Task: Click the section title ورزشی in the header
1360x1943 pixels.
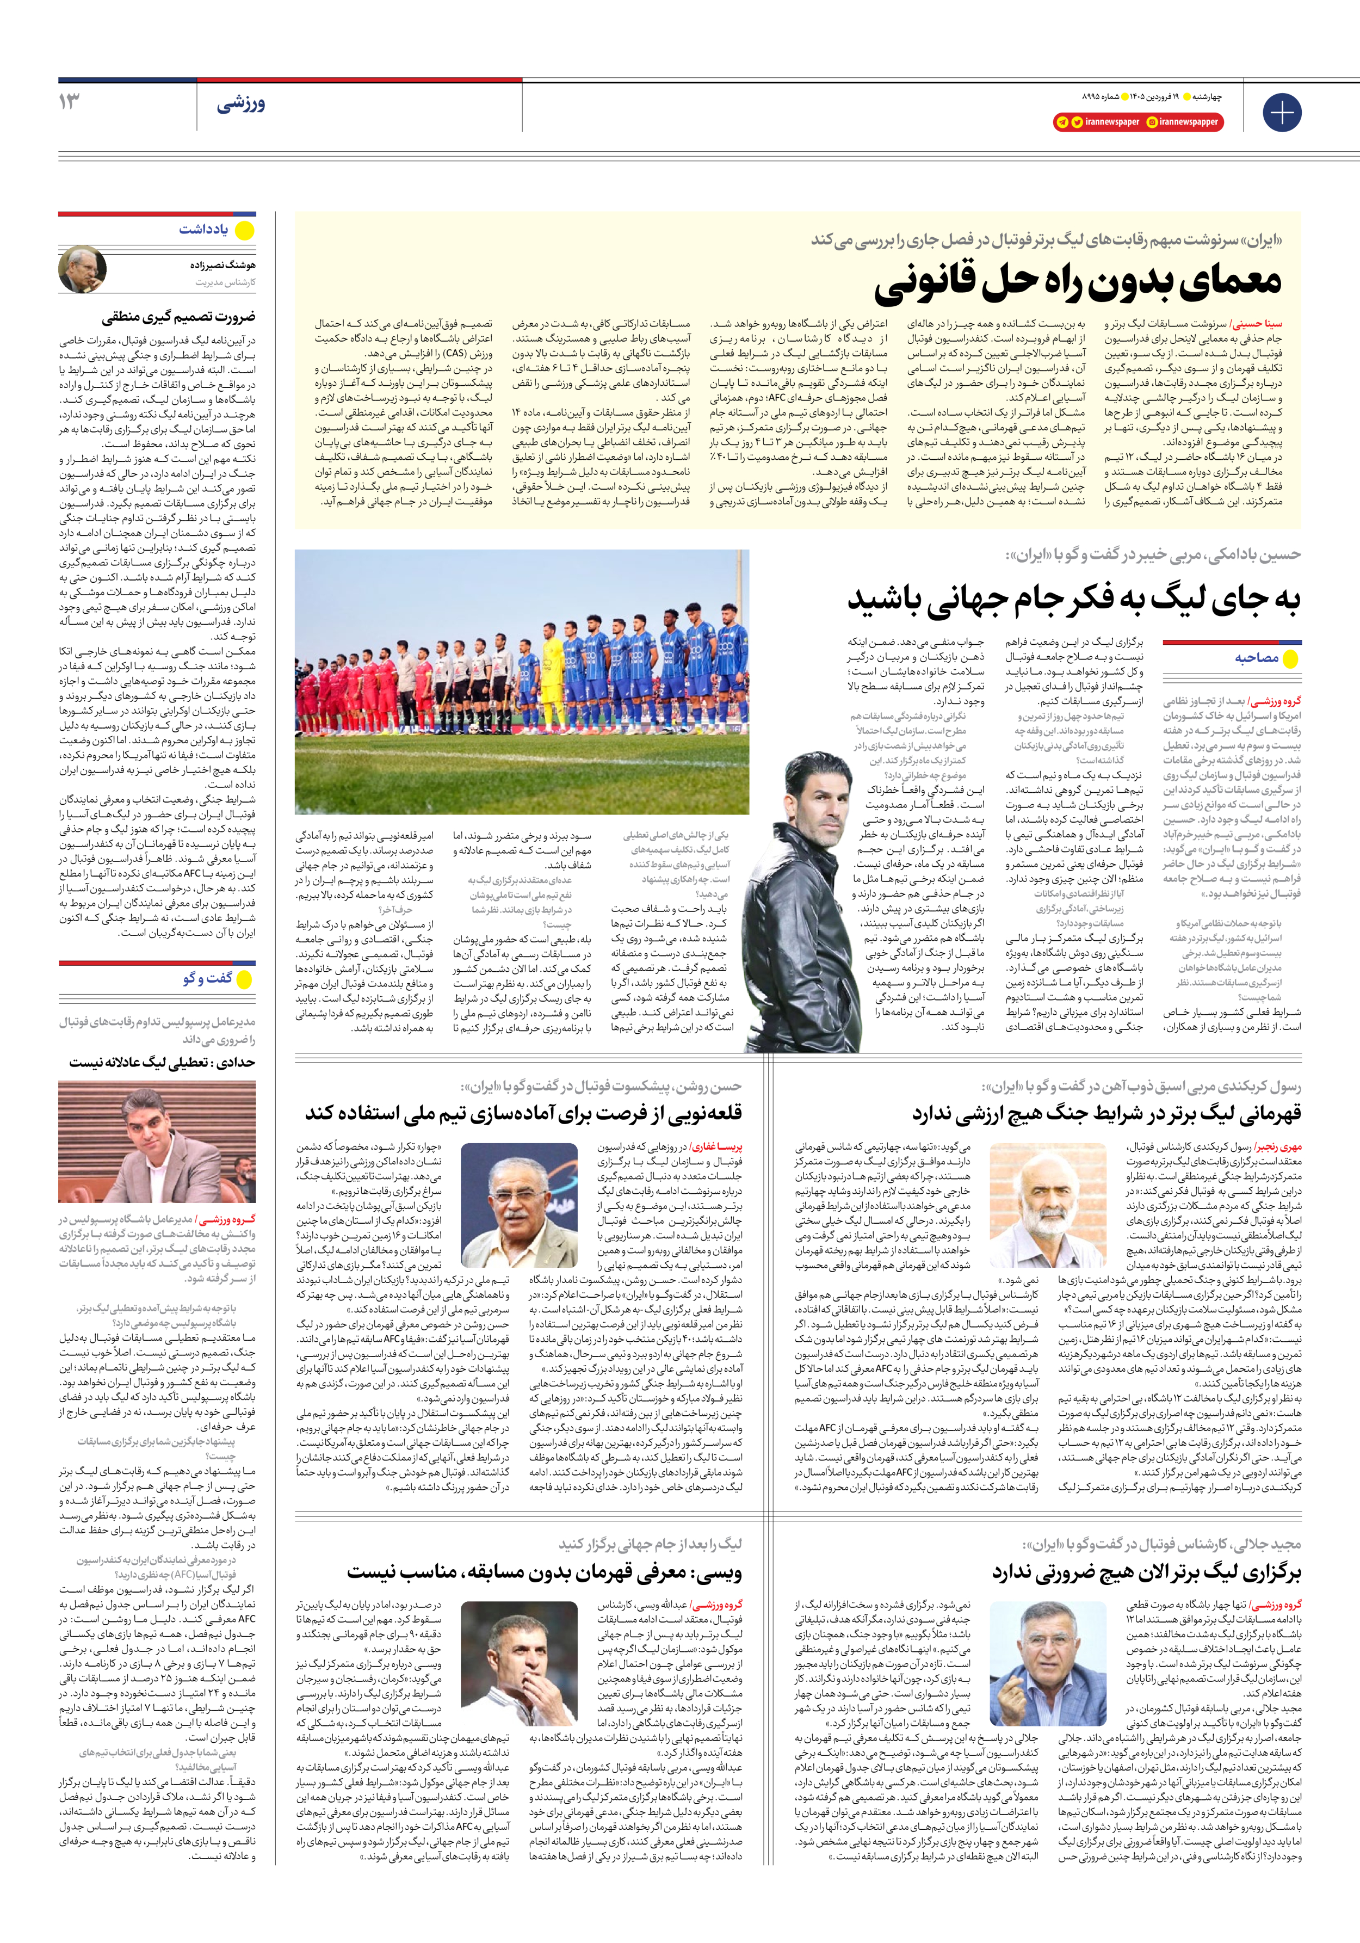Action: pos(241,105)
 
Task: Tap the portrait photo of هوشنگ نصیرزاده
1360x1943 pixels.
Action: pos(82,269)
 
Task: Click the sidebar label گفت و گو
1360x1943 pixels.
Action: pos(207,978)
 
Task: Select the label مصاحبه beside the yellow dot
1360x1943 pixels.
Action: pos(1256,657)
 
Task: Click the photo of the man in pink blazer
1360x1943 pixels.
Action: pos(157,1142)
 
